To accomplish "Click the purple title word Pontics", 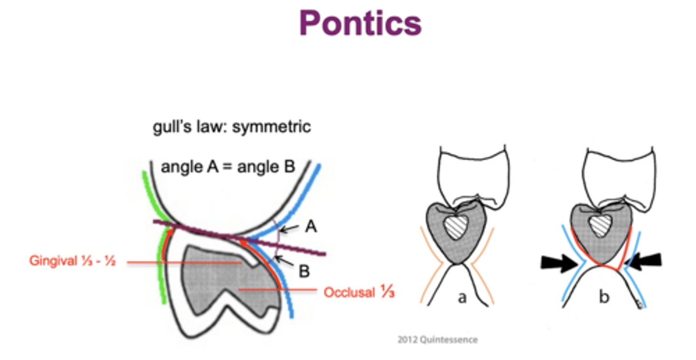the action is (x=361, y=23).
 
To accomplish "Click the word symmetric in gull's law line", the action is (x=272, y=127).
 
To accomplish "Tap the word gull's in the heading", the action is (x=172, y=127).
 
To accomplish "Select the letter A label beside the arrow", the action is (x=311, y=226).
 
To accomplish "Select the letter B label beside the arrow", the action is (x=304, y=271).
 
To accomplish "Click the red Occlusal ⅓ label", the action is (x=359, y=292).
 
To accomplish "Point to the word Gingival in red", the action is (x=53, y=260).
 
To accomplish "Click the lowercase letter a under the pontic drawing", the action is (x=463, y=298).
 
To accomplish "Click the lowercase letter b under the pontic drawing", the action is (x=604, y=297).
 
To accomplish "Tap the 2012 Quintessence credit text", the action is (x=437, y=340).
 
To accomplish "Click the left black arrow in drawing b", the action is (x=560, y=263).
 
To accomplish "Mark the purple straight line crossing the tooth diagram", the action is (x=239, y=238).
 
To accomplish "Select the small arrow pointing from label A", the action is (x=289, y=229).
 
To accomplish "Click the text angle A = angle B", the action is (x=228, y=167).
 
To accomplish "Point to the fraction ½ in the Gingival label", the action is (x=110, y=261).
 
